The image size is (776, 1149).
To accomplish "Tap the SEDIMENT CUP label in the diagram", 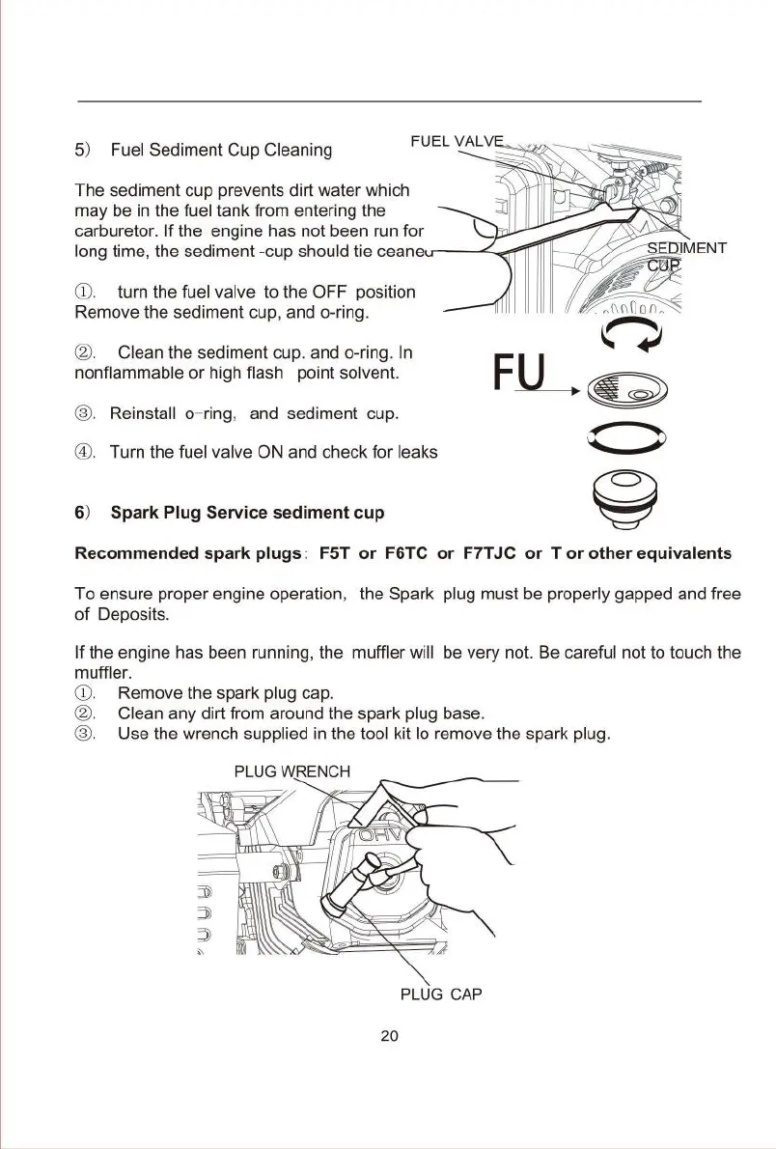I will (x=685, y=257).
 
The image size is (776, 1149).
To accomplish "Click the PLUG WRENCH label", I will (x=292, y=771).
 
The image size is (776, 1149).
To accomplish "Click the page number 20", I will (x=389, y=1036).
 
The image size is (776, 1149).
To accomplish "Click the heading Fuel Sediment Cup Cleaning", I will (x=221, y=150).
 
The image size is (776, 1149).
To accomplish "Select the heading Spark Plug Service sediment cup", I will (x=247, y=512).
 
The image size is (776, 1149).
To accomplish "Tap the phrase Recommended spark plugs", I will (x=188, y=554).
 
